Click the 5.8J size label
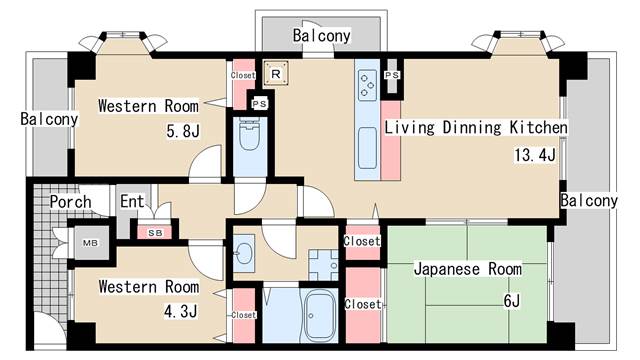183,131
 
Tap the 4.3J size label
180,311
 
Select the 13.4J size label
535,155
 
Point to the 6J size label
512,301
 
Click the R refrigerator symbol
276,74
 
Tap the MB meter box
91,243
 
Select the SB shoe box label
155,233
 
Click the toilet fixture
250,134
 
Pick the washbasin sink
244,253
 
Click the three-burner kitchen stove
367,85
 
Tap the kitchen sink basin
367,148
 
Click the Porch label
70,202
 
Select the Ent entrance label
132,201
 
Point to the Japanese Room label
468,269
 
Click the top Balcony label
322,36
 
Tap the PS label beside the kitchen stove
392,75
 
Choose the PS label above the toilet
260,104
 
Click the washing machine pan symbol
323,264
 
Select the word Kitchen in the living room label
538,127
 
